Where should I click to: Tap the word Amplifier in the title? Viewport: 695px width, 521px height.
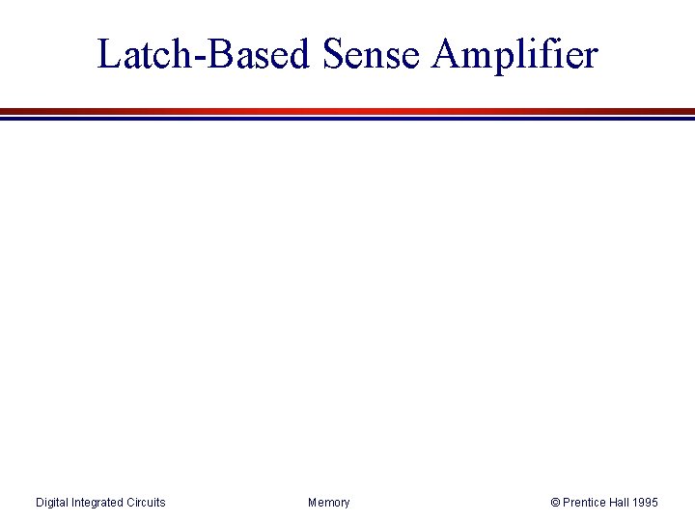pyautogui.click(x=515, y=54)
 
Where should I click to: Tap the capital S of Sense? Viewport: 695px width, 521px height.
pyautogui.click(x=333, y=54)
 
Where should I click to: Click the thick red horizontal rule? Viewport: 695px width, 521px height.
pyautogui.click(x=347, y=111)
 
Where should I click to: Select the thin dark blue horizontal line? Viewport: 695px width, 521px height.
pyautogui.click(x=347, y=119)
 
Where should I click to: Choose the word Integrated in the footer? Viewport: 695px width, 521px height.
pyautogui.click(x=99, y=503)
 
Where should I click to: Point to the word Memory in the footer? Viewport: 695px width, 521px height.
pyautogui.click(x=329, y=503)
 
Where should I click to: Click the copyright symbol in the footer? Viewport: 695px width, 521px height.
pyautogui.click(x=555, y=503)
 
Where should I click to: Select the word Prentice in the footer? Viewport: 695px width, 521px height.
pyautogui.click(x=585, y=503)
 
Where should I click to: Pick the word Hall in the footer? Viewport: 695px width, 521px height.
pyautogui.click(x=620, y=503)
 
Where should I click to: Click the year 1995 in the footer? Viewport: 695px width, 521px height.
pyautogui.click(x=646, y=503)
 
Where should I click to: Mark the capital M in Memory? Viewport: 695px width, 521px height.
pyautogui.click(x=313, y=503)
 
